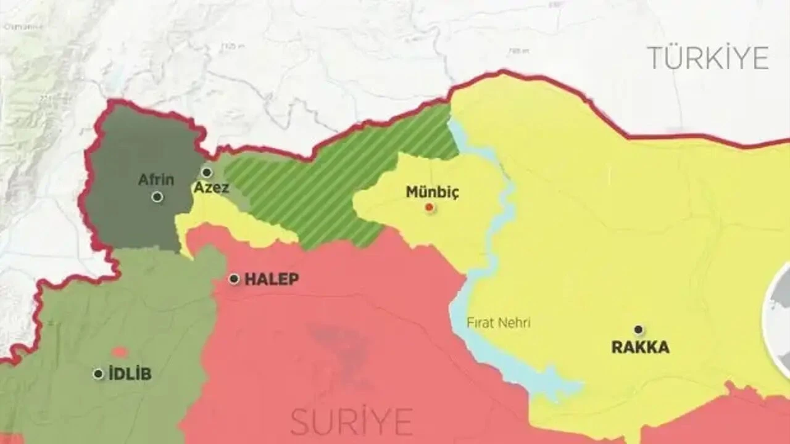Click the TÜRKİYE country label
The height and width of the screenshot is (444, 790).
[x=707, y=58]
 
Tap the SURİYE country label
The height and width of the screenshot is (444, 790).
[x=352, y=422]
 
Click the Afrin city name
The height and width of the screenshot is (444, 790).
[x=156, y=180]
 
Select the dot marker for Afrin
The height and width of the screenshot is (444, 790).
[x=157, y=197]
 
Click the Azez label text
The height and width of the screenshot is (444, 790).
[x=211, y=187]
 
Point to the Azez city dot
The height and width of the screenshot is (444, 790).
[x=207, y=172]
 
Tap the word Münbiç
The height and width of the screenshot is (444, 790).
[x=432, y=192]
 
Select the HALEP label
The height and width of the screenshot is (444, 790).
[x=272, y=279]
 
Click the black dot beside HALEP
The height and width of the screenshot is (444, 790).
[x=234, y=279]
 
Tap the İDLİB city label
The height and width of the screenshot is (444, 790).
[x=130, y=374]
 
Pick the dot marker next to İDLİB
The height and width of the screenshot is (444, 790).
[x=98, y=374]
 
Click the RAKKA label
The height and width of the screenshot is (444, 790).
[x=640, y=347]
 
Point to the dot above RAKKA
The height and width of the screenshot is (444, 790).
[x=639, y=330]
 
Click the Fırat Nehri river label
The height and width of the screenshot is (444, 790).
[x=498, y=323]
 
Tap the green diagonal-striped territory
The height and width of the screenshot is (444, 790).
[x=333, y=185]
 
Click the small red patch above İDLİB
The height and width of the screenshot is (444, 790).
[x=120, y=352]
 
